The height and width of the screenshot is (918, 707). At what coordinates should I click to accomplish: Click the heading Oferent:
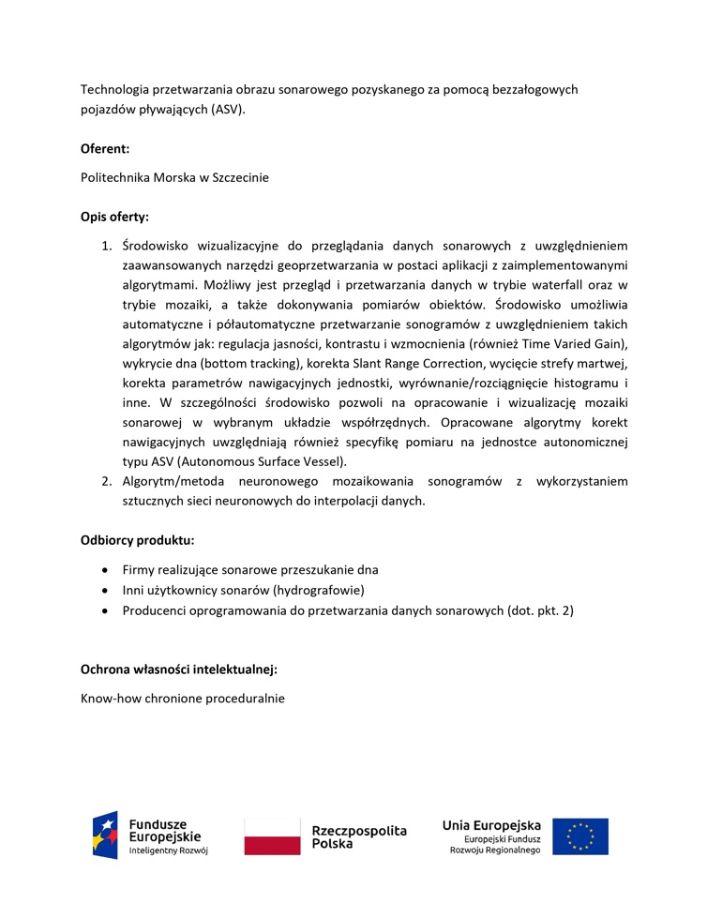pos(105,148)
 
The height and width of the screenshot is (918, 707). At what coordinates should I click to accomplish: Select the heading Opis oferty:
pos(114,217)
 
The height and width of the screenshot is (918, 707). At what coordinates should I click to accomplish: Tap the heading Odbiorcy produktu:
pos(138,540)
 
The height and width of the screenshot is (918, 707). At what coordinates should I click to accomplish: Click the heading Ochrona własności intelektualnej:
pos(179,670)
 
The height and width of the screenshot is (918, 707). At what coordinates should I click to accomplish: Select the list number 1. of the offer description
pos(107,246)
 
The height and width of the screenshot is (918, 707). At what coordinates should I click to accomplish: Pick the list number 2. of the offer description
pos(107,481)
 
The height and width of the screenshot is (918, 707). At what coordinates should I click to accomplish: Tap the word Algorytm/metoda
pos(174,481)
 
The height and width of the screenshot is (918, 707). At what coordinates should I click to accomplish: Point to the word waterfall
pos(553,284)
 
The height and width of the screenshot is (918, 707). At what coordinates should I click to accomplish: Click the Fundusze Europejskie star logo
pos(105,835)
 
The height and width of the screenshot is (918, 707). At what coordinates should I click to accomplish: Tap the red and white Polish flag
pos(273,836)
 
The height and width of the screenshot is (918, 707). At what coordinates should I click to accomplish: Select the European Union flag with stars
pos(580,836)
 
